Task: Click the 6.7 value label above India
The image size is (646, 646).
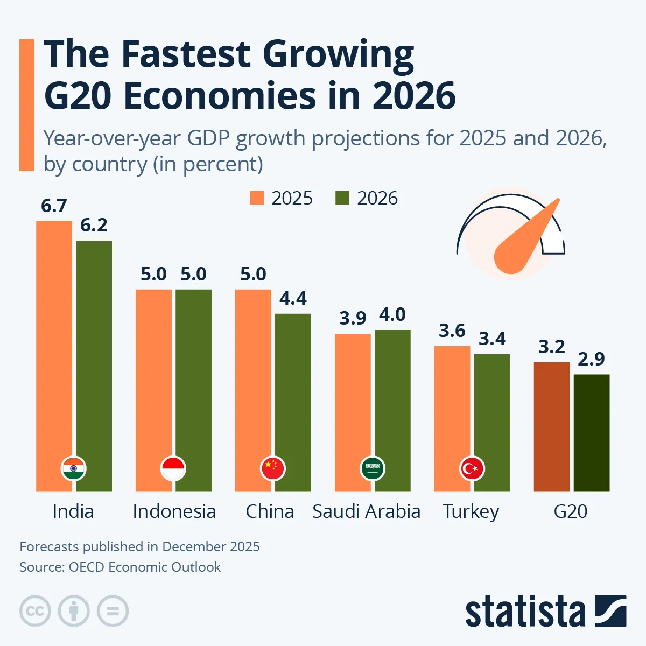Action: pos(54,206)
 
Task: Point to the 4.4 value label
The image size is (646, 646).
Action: pos(293,298)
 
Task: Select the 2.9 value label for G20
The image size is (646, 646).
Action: pos(591,359)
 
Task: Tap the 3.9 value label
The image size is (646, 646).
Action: pos(353,318)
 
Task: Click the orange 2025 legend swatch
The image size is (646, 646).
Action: pos(257,198)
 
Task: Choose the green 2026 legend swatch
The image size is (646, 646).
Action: pos(342,198)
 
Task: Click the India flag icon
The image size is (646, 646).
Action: pos(73,468)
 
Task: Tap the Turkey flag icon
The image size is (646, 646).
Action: pos(472,468)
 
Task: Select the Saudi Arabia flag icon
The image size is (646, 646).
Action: pos(373,468)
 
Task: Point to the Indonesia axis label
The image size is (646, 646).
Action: pos(174,511)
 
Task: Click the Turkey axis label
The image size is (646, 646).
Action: pos(471,511)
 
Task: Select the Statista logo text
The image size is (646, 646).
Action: pos(525,612)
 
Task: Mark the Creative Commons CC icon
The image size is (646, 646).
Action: pos(35,611)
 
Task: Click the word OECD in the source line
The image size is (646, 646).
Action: pos(87,567)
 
